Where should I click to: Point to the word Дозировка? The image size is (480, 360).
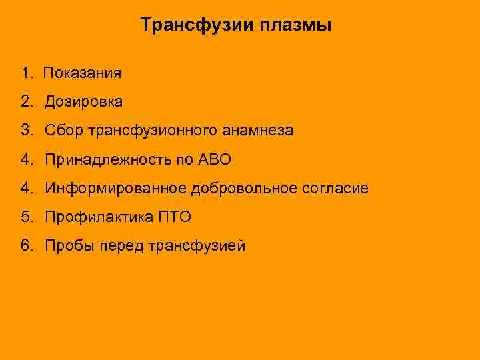(84, 102)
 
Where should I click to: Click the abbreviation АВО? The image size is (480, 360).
(213, 159)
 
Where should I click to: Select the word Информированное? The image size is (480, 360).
(116, 189)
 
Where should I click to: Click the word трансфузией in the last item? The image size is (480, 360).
(197, 246)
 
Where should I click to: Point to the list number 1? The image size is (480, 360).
(25, 73)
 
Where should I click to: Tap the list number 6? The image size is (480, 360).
(25, 246)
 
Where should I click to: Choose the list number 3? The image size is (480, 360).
(25, 131)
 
